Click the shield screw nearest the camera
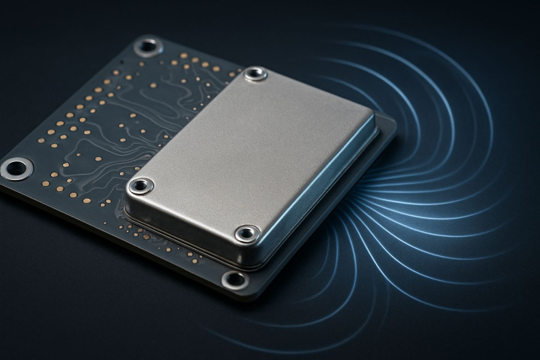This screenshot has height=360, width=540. pos(247,233)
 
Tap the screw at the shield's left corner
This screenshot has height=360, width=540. pos(140,186)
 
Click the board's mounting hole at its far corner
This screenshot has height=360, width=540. pos(147,46)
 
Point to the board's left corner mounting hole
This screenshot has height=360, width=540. pos(16,168)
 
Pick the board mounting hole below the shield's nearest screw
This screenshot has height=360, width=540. pos(235,279)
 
